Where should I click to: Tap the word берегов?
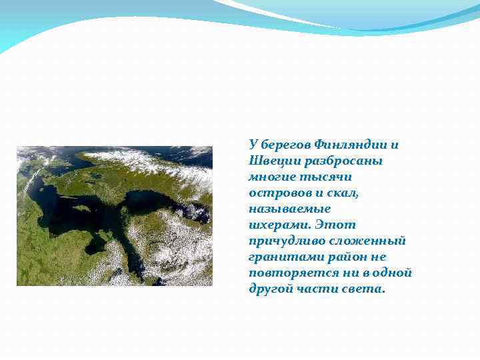tap(284, 145)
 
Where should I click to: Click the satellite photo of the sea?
tap(114, 216)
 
